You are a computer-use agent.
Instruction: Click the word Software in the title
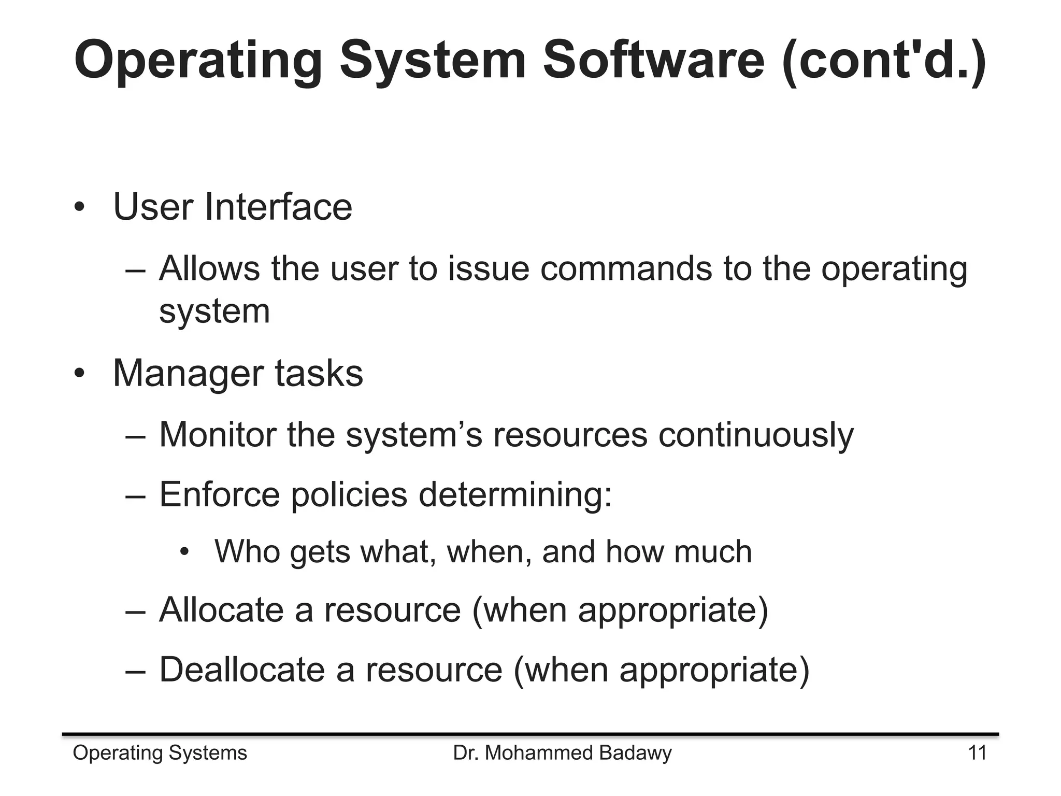coord(653,61)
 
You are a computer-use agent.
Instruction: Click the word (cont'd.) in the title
coord(884,61)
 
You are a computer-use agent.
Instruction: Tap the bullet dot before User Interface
coord(79,208)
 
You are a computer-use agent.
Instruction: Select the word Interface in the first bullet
coord(278,207)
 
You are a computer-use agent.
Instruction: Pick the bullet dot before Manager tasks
coord(79,374)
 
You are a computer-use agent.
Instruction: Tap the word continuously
coord(756,435)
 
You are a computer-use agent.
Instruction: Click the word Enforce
coord(219,494)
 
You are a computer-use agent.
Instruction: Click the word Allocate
coord(222,609)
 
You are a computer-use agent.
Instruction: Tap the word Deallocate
coord(242,670)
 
